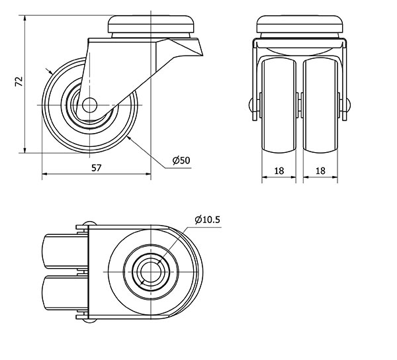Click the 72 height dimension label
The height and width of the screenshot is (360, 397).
(x=19, y=81)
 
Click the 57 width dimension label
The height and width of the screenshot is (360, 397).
(x=96, y=167)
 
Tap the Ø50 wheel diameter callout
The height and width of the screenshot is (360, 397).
(x=181, y=160)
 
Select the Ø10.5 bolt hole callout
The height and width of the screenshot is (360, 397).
(x=208, y=220)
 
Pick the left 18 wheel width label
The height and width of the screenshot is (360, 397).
(x=279, y=171)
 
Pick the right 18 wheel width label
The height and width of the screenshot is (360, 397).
(x=320, y=171)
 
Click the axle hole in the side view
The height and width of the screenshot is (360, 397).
(x=89, y=105)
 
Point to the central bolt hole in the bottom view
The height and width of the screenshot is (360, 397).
(x=151, y=272)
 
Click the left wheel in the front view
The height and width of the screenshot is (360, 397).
(x=279, y=106)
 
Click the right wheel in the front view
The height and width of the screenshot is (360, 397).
(x=320, y=106)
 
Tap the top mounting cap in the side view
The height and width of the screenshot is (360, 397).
(x=151, y=24)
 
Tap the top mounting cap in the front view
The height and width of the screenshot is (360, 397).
(x=300, y=24)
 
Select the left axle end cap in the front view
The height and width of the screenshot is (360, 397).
(x=251, y=105)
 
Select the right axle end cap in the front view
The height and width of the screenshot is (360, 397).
(x=349, y=105)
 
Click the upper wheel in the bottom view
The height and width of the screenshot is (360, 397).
(x=65, y=251)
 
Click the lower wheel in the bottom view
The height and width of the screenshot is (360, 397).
(x=65, y=292)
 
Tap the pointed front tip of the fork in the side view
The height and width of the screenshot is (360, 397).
(x=202, y=55)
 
